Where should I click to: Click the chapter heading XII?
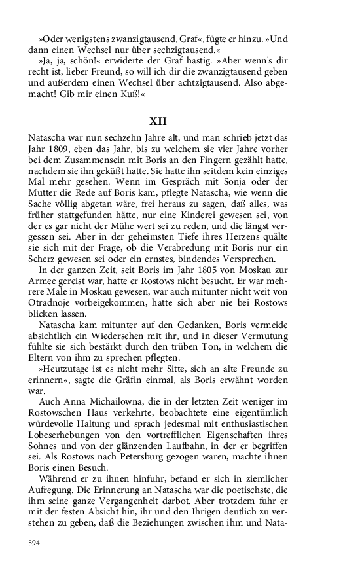click(x=157, y=121)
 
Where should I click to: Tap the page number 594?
click(x=36, y=543)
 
